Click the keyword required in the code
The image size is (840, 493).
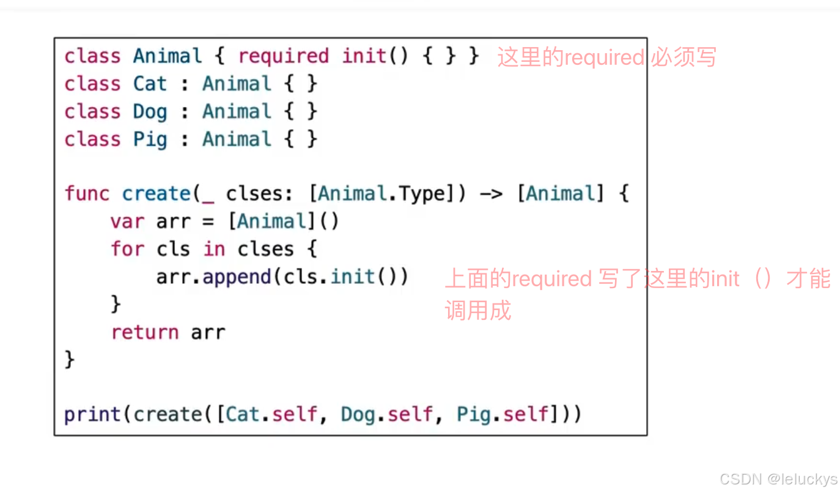pos(283,56)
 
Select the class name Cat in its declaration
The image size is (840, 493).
pos(150,84)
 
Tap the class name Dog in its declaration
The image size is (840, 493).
pos(150,112)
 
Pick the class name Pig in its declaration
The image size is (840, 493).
pos(150,139)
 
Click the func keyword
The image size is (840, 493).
pos(87,194)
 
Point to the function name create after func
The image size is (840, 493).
pos(157,194)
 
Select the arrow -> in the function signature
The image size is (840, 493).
pos(490,194)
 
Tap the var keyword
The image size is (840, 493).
pos(127,221)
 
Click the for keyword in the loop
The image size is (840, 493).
pos(127,249)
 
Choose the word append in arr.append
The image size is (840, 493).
pos(237,277)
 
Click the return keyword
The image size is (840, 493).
pos(145,332)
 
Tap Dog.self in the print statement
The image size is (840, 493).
pos(387,415)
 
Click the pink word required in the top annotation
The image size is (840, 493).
pos(603,57)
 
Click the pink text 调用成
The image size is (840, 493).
pos(477,311)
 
